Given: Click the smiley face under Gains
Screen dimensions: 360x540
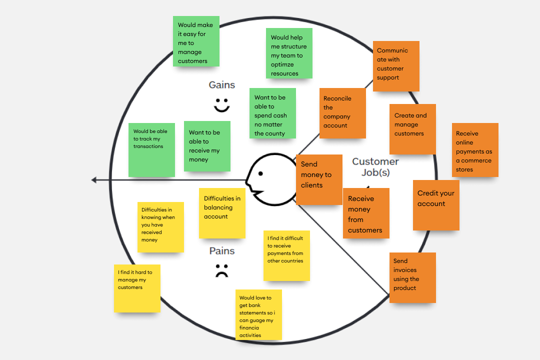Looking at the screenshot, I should (221, 105).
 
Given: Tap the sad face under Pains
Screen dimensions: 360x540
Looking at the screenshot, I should (221, 270).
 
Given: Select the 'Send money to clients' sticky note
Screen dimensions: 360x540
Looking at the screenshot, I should (319, 179).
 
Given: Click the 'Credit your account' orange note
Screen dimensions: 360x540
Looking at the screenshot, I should (436, 205).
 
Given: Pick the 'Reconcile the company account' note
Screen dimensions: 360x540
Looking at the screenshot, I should (342, 113).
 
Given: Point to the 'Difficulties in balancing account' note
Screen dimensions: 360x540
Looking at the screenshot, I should (222, 213).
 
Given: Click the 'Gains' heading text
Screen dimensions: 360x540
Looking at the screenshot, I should (222, 85).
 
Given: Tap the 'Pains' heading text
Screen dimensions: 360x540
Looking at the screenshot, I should (222, 251).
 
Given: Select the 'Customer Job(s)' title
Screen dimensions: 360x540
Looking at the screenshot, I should (375, 167).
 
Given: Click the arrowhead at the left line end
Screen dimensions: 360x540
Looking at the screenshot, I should (94, 180).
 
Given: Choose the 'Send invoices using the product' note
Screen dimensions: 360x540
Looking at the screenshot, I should (412, 277).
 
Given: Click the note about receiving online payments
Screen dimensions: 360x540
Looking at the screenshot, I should (475, 150).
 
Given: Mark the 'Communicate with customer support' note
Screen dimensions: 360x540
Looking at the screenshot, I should (396, 66).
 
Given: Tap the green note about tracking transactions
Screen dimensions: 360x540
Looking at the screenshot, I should (151, 150).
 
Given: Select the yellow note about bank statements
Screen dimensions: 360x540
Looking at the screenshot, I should (258, 315).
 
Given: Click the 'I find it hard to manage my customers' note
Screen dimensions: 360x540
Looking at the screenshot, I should (137, 288).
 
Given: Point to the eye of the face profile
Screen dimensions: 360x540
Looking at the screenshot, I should (260, 174).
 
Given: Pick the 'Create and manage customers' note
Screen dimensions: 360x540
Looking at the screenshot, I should (412, 129).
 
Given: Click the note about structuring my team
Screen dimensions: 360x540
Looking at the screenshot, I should (289, 53).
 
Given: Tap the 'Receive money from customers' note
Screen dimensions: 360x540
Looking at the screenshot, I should (366, 213).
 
